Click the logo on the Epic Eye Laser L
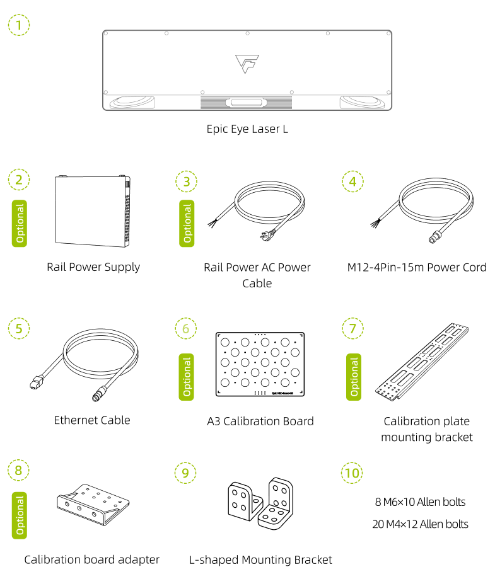247,64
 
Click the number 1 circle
19,25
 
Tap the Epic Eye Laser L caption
247,129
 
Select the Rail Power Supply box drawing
93,212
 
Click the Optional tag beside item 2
20,224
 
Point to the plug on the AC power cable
260,238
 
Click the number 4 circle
352,181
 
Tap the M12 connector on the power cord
434,238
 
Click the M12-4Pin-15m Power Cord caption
417,267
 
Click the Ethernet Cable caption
92,420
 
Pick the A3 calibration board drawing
260,365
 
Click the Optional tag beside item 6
187,377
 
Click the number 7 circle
352,328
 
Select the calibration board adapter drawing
93,502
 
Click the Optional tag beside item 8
20,515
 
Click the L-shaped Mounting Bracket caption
260,559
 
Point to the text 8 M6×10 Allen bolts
420,502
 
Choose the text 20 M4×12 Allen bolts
420,524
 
